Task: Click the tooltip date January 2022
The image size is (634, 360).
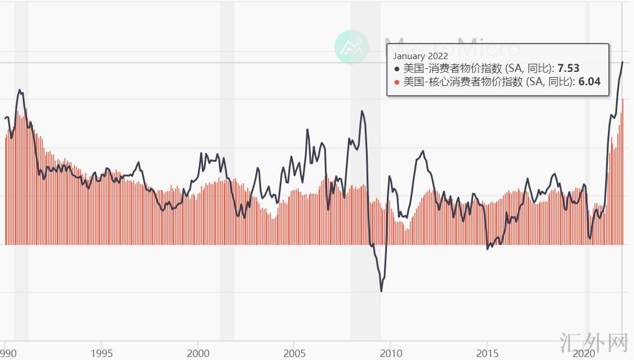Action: (x=421, y=56)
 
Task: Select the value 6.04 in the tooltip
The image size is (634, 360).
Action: (x=589, y=82)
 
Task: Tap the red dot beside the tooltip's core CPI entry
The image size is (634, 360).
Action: (x=397, y=82)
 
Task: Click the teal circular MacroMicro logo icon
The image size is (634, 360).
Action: (x=352, y=46)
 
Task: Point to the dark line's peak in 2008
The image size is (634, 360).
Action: (x=363, y=111)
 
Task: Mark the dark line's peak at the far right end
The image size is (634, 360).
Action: (x=622, y=62)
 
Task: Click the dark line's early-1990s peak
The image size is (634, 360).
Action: (x=20, y=90)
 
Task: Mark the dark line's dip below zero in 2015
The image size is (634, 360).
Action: (x=487, y=249)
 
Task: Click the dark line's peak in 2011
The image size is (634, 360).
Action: (x=423, y=151)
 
